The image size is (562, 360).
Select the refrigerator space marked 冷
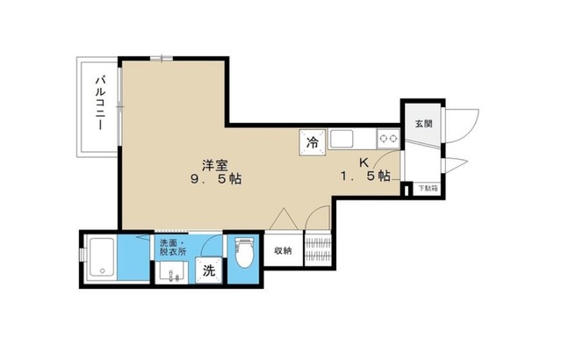[x=312, y=140]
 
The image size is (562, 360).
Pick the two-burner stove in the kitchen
[x=387, y=138]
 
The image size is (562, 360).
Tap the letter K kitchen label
[x=364, y=162]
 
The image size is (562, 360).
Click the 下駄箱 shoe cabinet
[x=425, y=187]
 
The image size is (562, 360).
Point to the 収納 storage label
[x=281, y=250]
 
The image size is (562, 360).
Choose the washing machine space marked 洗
[x=210, y=271]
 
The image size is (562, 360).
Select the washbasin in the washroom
[x=169, y=271]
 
